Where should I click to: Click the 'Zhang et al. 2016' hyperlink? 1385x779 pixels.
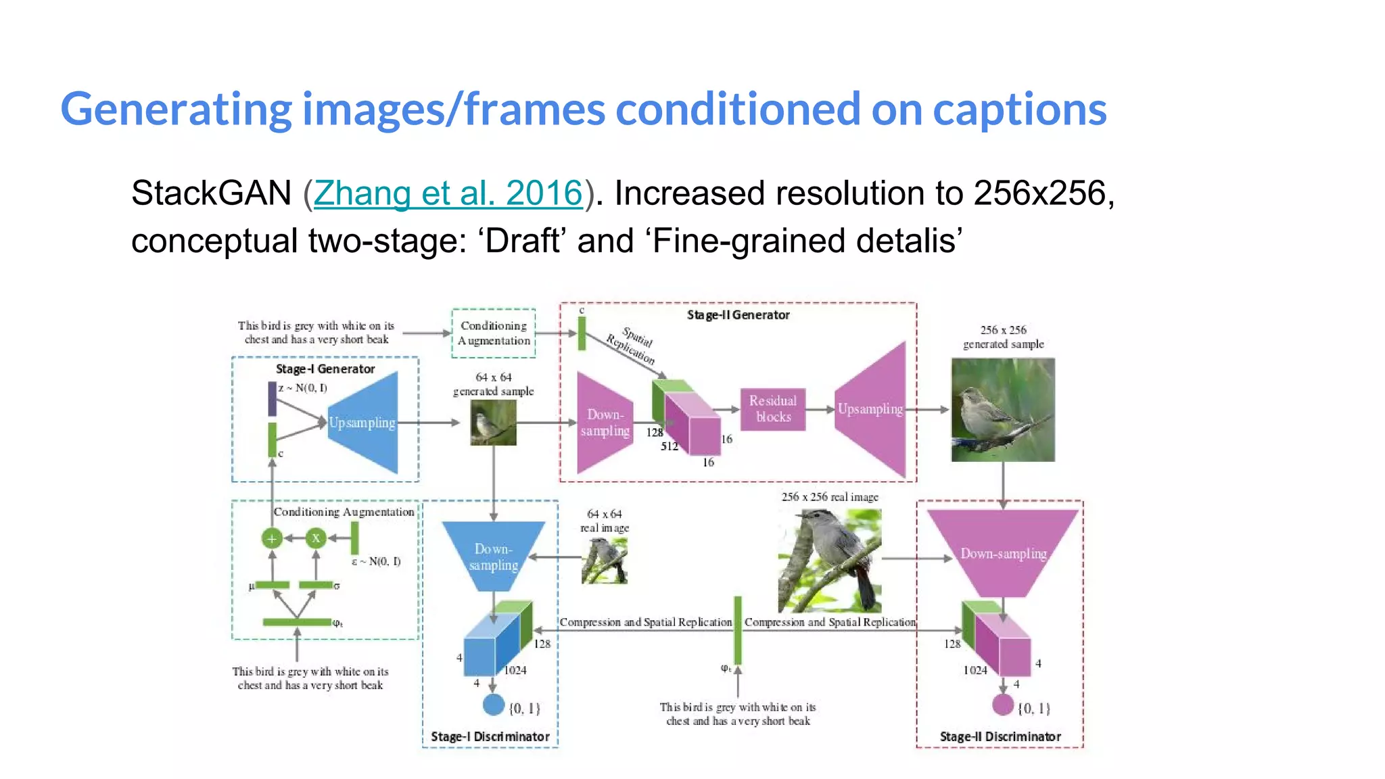(x=448, y=193)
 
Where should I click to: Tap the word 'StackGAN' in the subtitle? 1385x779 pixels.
(x=211, y=193)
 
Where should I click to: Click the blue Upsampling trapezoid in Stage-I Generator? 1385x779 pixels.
(x=363, y=423)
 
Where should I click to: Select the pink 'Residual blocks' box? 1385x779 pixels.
(x=773, y=409)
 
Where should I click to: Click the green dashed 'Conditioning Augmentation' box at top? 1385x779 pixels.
(x=494, y=333)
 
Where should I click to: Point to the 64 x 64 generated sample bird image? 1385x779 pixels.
(x=493, y=423)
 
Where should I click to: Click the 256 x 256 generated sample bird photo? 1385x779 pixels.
(x=1003, y=410)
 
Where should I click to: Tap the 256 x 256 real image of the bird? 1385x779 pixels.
(x=830, y=561)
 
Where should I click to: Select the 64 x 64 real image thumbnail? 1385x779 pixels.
(x=605, y=561)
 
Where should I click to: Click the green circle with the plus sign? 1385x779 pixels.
(x=272, y=539)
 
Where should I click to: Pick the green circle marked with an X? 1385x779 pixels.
(x=316, y=538)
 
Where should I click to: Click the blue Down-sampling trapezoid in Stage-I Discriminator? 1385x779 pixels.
(x=494, y=556)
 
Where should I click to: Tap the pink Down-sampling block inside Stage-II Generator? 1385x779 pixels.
(x=604, y=423)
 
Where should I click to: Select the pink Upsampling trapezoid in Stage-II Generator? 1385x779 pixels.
(x=871, y=409)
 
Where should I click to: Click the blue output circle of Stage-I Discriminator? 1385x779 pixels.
(x=494, y=705)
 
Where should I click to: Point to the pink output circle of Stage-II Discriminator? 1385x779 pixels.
(x=1003, y=705)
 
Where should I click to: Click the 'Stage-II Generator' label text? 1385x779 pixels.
(x=738, y=315)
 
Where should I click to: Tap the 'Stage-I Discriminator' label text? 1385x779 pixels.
(x=490, y=736)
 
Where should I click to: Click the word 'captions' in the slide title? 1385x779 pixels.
(x=1020, y=110)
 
